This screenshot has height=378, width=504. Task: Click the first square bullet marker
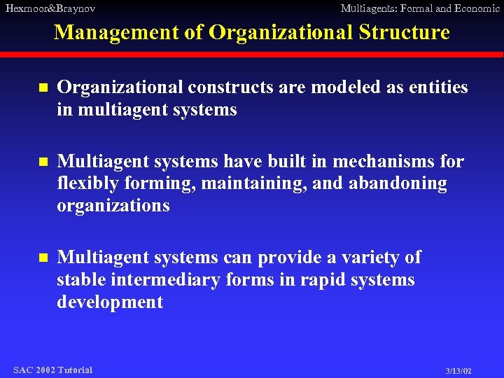tap(42, 89)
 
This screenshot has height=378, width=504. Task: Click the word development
tap(110, 302)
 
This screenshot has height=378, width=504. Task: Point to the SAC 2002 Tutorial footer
tap(52, 370)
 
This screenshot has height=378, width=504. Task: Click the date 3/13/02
tap(458, 370)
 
